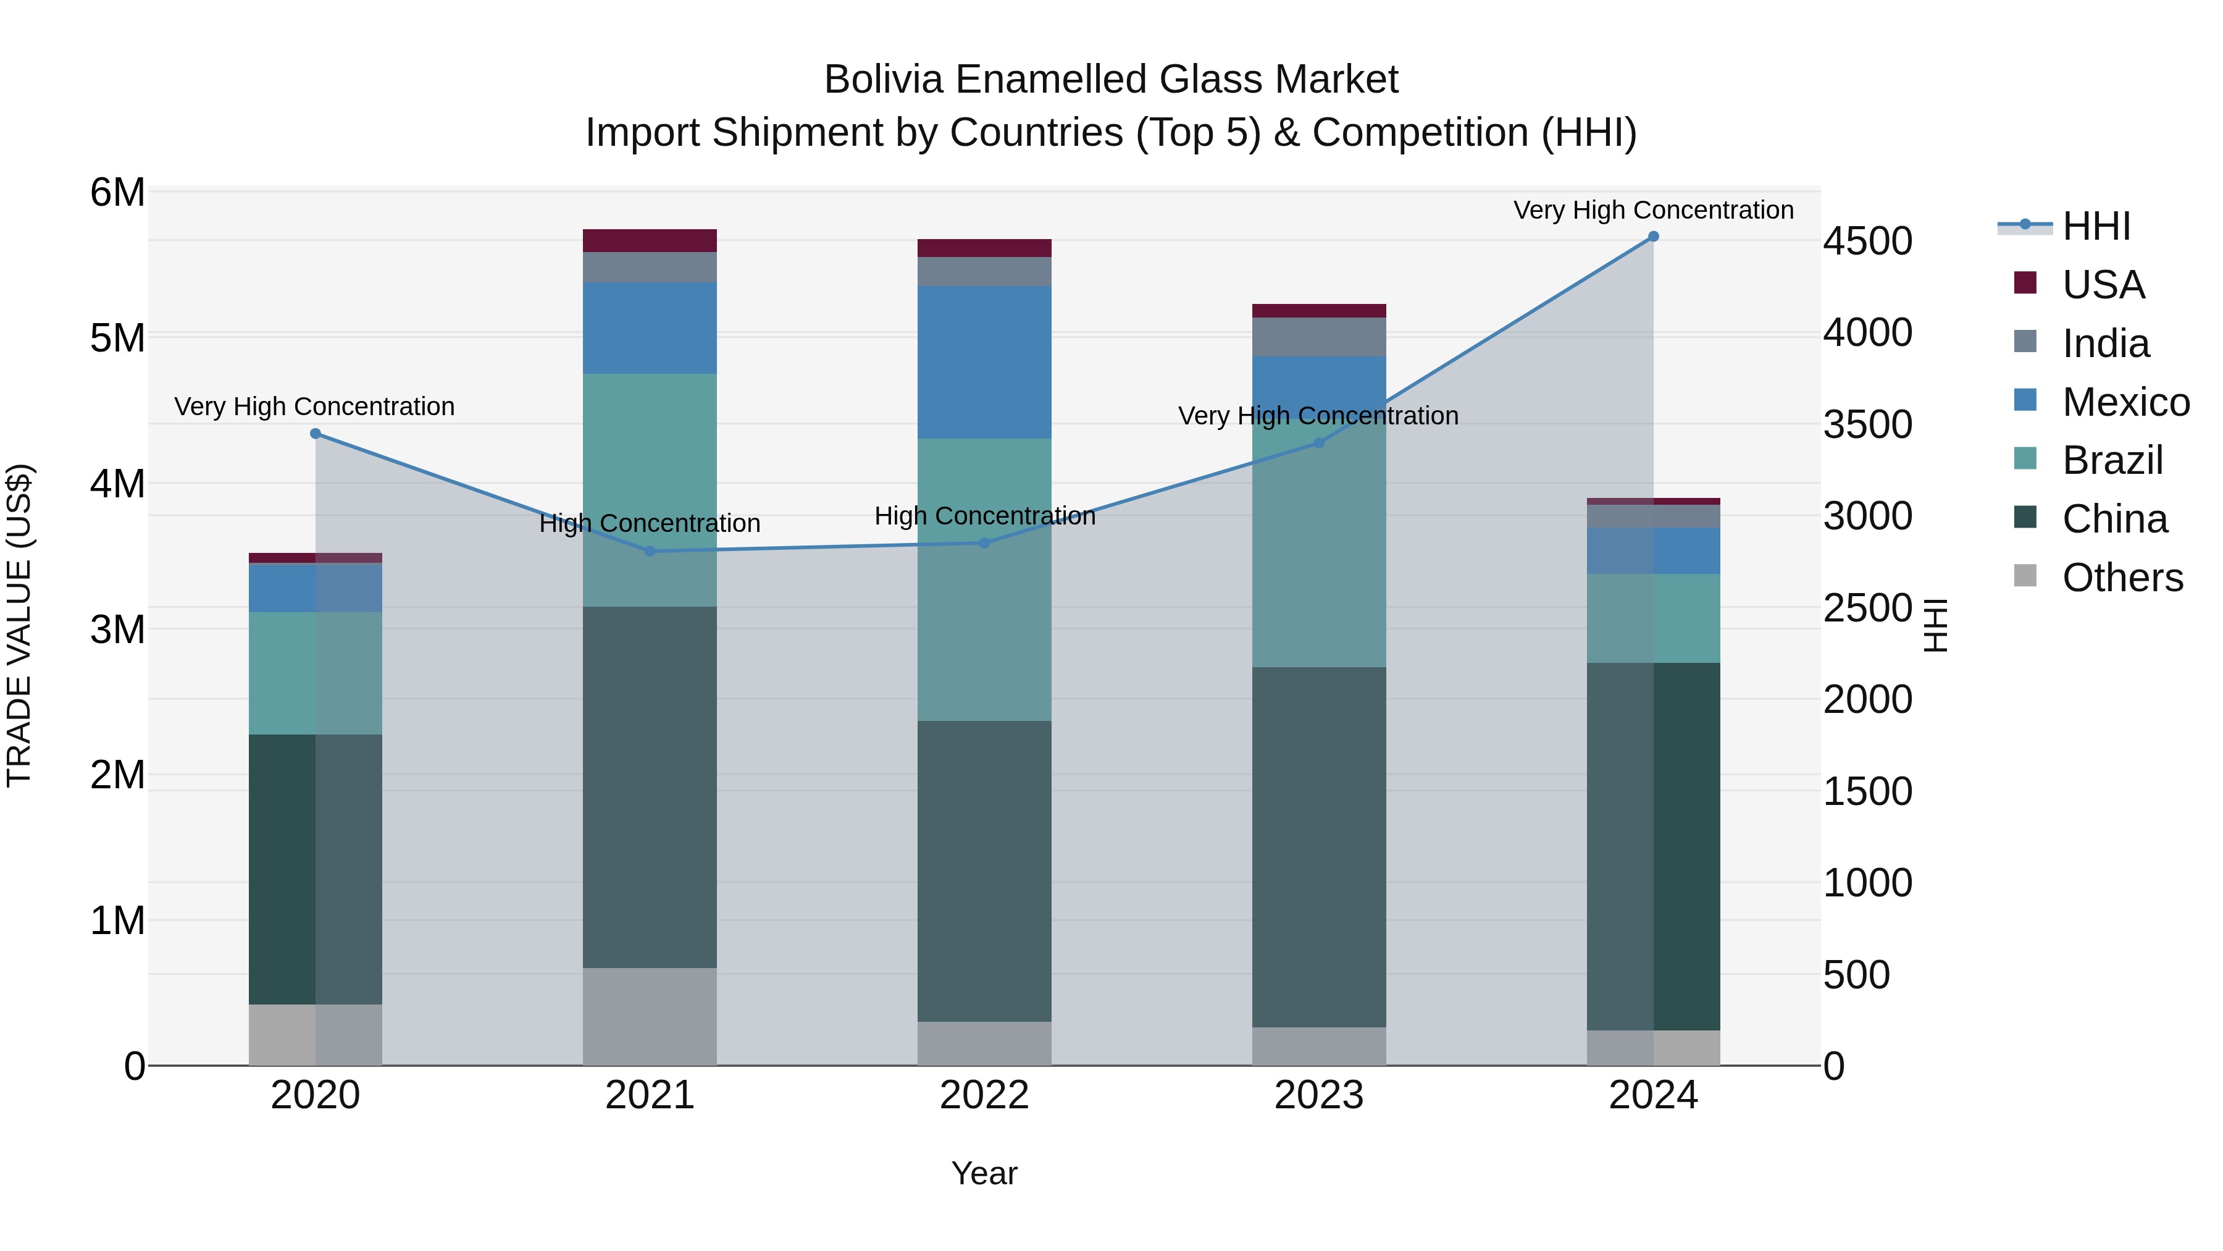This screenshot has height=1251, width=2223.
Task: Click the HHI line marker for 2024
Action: [x=1652, y=237]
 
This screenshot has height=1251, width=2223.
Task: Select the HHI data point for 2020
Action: [x=315, y=434]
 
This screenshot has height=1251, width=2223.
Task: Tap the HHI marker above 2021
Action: [x=650, y=551]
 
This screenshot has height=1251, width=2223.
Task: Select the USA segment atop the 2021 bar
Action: [x=650, y=241]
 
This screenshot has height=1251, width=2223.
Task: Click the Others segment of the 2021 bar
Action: [x=650, y=1016]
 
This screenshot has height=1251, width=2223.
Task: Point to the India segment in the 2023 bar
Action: [x=1318, y=337]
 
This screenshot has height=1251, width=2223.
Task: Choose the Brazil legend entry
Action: [x=2112, y=460]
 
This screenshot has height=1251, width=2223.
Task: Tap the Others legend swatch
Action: [x=2025, y=576]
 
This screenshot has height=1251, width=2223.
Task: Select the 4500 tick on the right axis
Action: [x=1867, y=241]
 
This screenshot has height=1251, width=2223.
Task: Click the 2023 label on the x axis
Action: [x=1318, y=1095]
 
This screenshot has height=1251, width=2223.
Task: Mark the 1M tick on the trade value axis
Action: [x=117, y=920]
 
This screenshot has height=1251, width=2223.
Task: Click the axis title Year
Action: [x=984, y=1173]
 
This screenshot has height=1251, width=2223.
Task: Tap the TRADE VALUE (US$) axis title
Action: [x=19, y=626]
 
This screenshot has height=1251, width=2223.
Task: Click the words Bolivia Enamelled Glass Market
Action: [x=1111, y=80]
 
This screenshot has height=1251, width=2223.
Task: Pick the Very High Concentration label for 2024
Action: [x=1652, y=210]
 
